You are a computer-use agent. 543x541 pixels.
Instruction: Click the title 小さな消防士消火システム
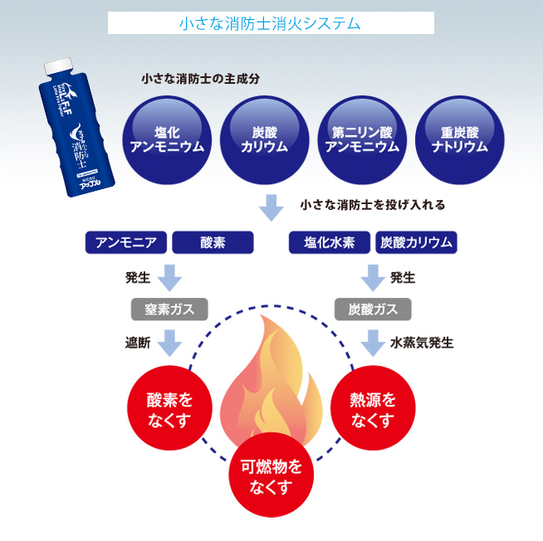point(271,22)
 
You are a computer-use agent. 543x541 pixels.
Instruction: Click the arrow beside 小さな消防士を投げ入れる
point(271,207)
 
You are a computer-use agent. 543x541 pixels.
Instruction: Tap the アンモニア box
point(126,242)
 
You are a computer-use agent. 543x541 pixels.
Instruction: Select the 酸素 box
point(213,242)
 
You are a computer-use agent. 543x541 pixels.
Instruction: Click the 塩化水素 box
point(330,242)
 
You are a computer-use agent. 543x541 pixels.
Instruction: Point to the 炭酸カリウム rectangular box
point(416,242)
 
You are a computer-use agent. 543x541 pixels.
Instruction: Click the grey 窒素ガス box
point(169,309)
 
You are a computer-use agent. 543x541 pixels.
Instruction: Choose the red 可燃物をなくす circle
point(271,476)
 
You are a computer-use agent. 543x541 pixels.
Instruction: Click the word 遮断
point(138,342)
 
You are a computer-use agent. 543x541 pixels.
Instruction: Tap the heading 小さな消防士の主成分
point(201,80)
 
